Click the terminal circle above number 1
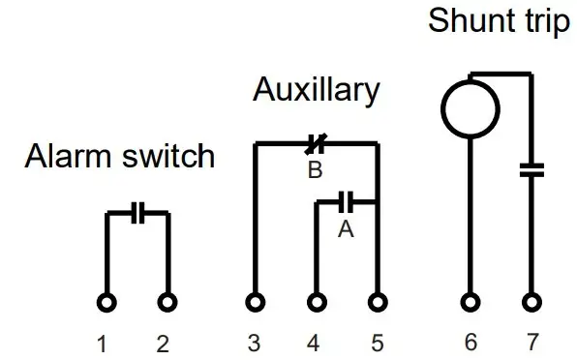[x=106, y=302]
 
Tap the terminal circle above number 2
[x=167, y=302]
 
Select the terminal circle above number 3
[x=255, y=302]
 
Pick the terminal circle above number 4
[x=316, y=302]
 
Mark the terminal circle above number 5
[x=377, y=302]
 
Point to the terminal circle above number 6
[x=470, y=302]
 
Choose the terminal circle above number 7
[x=531, y=302]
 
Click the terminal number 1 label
[x=103, y=344]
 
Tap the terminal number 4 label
[x=313, y=344]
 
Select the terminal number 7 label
[x=531, y=344]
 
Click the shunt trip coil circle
[x=470, y=105]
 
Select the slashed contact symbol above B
[x=314, y=145]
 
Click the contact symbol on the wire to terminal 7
[x=531, y=170]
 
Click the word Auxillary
[x=316, y=90]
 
